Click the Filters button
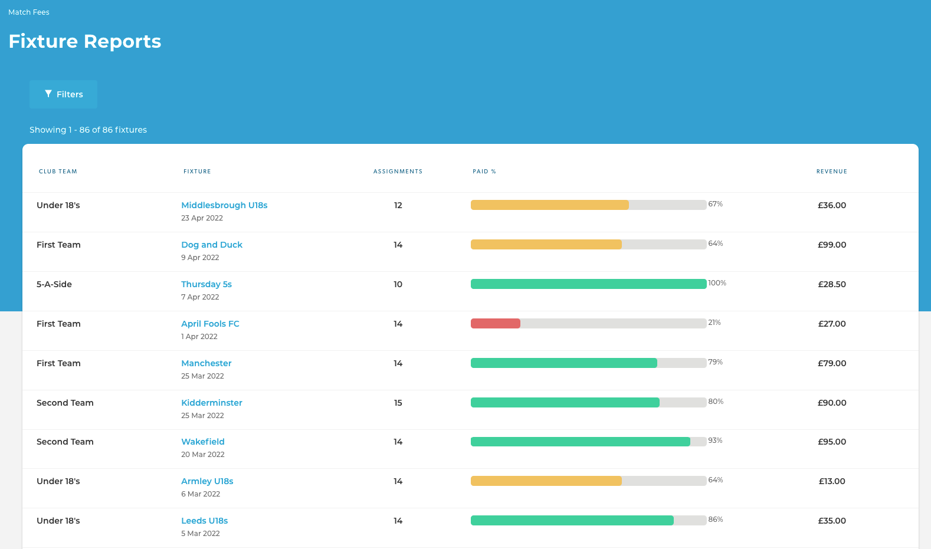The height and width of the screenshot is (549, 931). (63, 94)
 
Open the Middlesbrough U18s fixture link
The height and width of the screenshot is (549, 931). (224, 205)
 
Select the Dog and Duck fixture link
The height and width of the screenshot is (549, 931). (212, 245)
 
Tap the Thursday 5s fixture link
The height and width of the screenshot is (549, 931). (206, 284)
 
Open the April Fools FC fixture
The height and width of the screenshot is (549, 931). (210, 324)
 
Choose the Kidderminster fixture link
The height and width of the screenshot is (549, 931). (212, 403)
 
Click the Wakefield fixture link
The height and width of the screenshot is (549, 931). (203, 442)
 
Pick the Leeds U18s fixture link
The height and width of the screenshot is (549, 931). (205, 521)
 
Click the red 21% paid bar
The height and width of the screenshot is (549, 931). (496, 323)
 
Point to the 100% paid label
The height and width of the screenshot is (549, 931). (717, 283)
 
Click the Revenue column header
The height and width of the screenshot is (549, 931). (832, 172)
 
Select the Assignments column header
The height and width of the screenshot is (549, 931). (398, 172)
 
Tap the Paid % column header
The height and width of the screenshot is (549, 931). (484, 172)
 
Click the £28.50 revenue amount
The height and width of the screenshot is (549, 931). (832, 284)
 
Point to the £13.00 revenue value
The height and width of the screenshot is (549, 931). (832, 481)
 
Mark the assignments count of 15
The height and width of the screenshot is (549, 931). (398, 403)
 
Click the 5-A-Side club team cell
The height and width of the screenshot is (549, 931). (54, 284)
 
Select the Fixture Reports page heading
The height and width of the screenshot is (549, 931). (85, 41)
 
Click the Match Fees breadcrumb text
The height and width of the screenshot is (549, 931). (29, 12)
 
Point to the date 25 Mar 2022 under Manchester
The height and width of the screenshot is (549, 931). (202, 376)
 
